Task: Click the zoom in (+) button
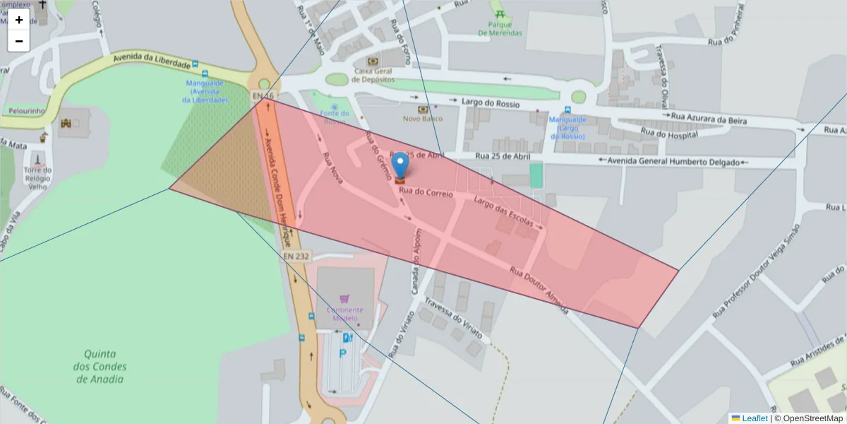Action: (x=19, y=20)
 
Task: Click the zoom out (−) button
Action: (x=19, y=41)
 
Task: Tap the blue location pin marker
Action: (x=400, y=165)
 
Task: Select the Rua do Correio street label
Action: (x=426, y=192)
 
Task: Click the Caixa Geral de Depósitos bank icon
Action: (x=373, y=62)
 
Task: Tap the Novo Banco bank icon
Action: (x=423, y=110)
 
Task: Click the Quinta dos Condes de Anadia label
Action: (x=100, y=366)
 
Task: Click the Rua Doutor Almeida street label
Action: (x=538, y=285)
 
